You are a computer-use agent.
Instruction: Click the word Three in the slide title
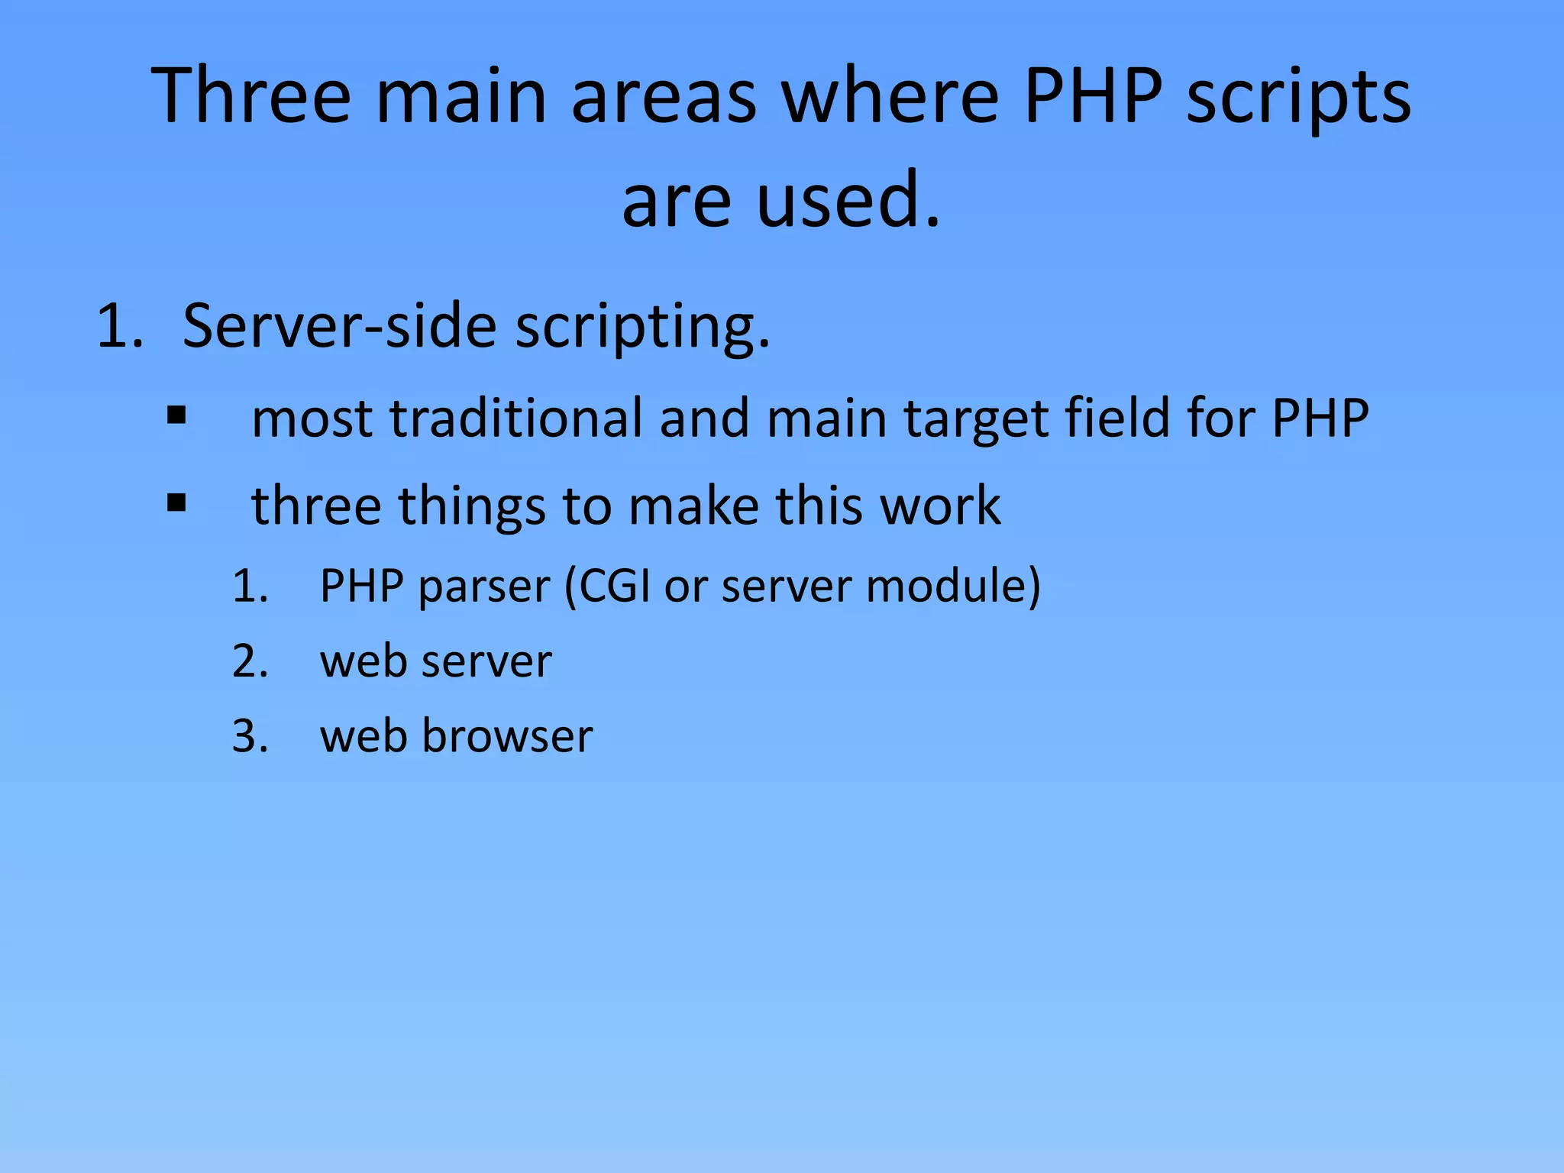(x=252, y=95)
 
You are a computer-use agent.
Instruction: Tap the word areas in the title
(x=664, y=95)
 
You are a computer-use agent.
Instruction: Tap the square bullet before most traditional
(x=176, y=416)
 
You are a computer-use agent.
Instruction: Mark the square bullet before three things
(x=176, y=503)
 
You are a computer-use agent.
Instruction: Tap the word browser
(x=507, y=736)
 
